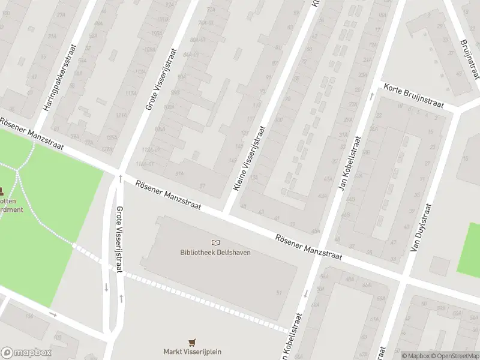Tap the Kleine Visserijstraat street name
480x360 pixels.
click(x=248, y=159)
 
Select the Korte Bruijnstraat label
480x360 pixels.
click(x=414, y=96)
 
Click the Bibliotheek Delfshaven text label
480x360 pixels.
click(x=215, y=252)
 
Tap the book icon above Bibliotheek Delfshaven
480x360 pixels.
click(x=215, y=242)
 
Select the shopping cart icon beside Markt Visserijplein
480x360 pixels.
click(x=193, y=342)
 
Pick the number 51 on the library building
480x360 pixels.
click(x=279, y=292)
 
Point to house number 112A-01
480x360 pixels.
click(x=152, y=150)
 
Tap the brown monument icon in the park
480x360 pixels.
click(x=2, y=192)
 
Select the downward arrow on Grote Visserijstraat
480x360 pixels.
click(x=106, y=287)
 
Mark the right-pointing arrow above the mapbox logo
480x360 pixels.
click(x=53, y=313)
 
